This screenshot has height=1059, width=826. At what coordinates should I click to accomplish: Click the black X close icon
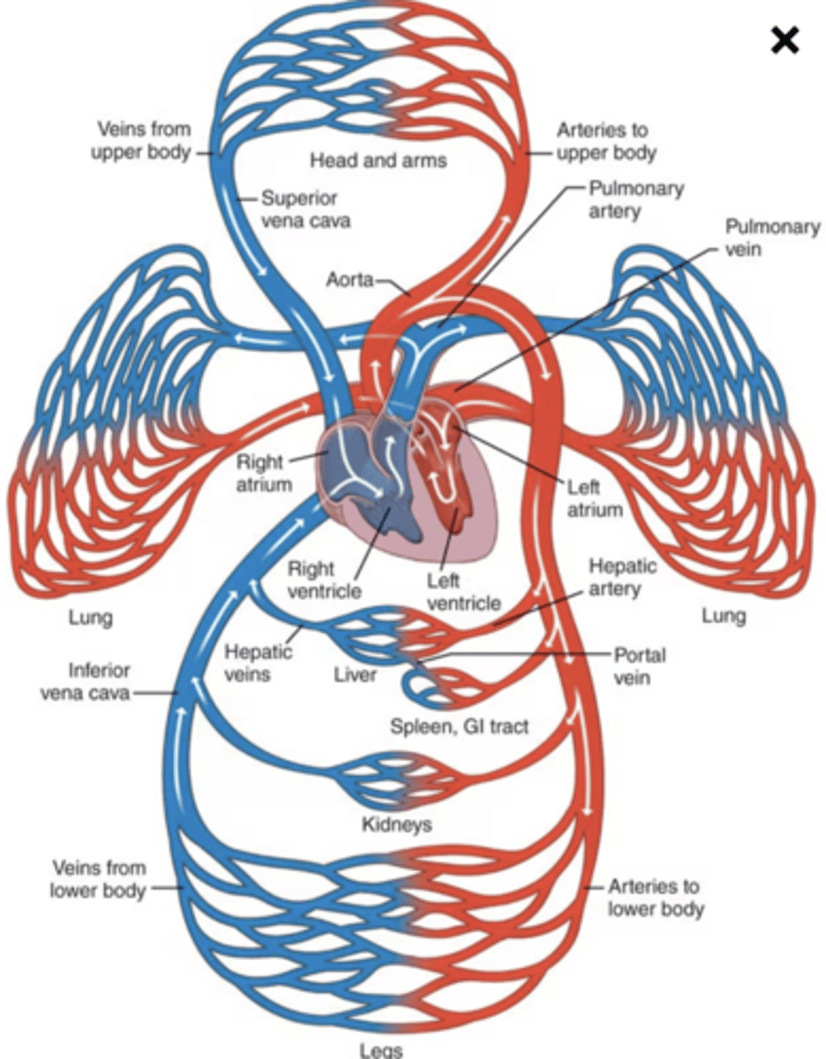(785, 41)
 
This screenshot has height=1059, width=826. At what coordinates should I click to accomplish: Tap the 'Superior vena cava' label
(305, 209)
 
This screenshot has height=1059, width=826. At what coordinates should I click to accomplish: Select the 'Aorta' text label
(350, 280)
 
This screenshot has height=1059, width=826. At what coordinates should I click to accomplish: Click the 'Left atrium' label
(595, 499)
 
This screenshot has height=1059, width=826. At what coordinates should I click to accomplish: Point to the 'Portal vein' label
(640, 666)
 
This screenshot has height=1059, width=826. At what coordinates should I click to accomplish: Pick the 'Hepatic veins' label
(258, 663)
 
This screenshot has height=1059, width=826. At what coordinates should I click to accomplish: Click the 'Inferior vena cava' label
(86, 681)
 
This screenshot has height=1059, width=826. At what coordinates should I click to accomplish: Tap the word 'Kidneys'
(397, 825)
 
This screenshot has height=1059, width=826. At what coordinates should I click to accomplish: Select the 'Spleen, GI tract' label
(460, 727)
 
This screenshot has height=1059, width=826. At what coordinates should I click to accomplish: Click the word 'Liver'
(355, 675)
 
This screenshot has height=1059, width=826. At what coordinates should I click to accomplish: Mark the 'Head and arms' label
(378, 160)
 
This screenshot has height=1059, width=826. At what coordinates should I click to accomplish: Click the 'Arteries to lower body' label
(656, 897)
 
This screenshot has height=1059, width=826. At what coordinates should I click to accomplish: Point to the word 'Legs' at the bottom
(381, 1049)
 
